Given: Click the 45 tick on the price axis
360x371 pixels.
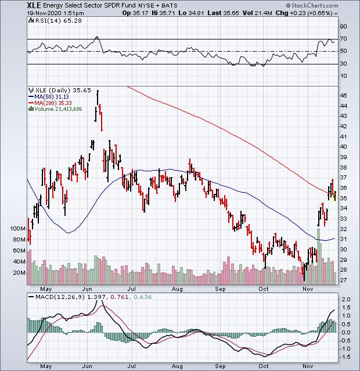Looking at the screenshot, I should [344, 96].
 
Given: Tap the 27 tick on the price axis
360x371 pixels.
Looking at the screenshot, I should [344, 280].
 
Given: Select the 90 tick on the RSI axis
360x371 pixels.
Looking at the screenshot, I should [344, 27].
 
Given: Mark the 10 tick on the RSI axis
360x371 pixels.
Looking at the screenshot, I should [344, 76].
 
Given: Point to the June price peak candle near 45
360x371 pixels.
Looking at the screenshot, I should [98, 92].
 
